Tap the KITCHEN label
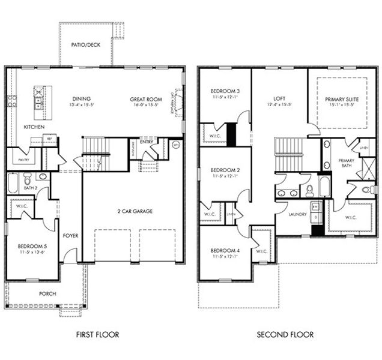click(x=34, y=127)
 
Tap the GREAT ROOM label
click(x=145, y=99)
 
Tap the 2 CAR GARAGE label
click(x=130, y=211)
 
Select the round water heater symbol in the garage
click(x=175, y=145)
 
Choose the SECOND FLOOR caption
click(x=285, y=334)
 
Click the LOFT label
click(x=278, y=99)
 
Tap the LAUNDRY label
click(x=297, y=214)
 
